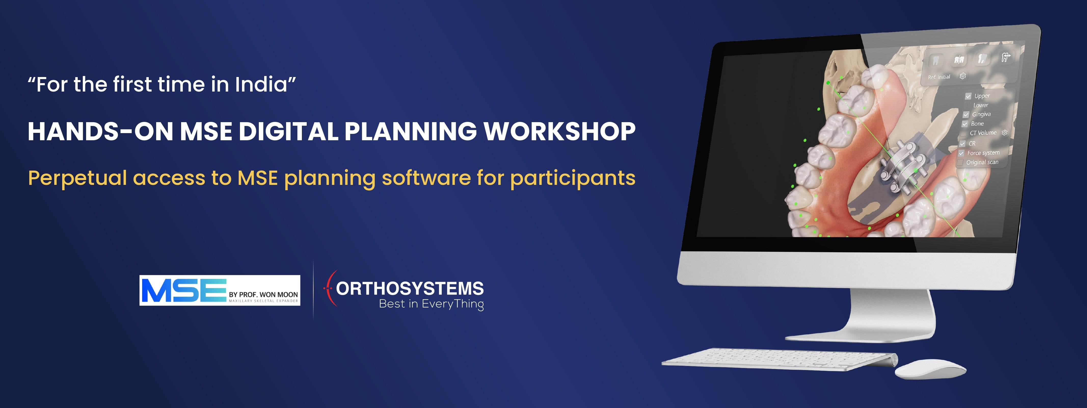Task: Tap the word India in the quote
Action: tap(261, 84)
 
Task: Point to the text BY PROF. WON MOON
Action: tap(263, 294)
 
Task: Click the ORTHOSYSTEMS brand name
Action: tap(410, 288)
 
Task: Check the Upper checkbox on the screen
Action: tap(969, 96)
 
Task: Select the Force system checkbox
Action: tap(961, 153)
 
